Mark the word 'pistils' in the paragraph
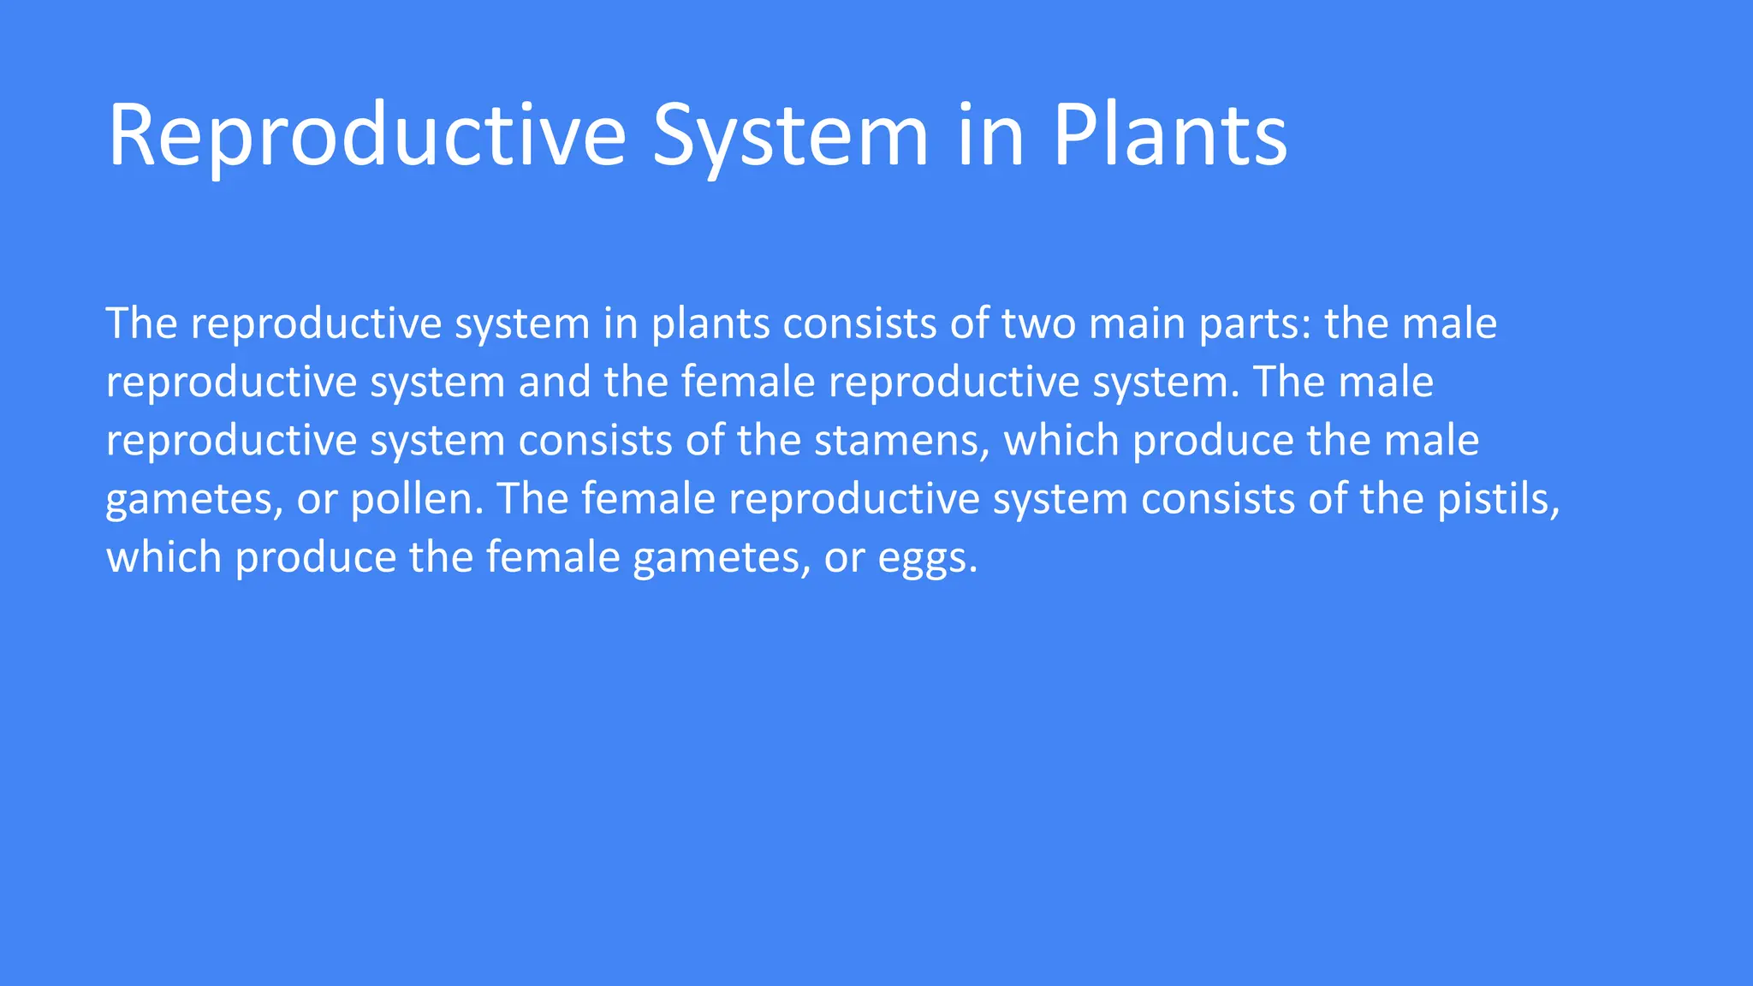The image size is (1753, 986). (1498, 499)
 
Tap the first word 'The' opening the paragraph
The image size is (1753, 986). (141, 324)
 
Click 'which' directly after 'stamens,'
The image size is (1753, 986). (1061, 442)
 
